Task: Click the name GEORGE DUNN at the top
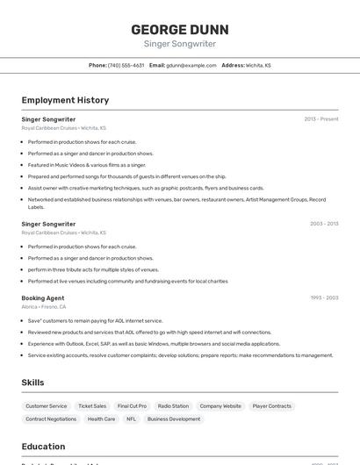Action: [179, 29]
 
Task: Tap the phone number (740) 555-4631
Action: [126, 65]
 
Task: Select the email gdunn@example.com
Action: [191, 65]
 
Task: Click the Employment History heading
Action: [65, 100]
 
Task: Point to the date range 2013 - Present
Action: [321, 118]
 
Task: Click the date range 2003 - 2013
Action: [324, 224]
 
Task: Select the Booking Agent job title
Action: [43, 297]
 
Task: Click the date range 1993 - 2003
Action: [324, 297]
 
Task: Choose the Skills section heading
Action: [32, 383]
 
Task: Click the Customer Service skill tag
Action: [46, 406]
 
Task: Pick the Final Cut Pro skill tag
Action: [132, 406]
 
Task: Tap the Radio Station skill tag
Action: [173, 406]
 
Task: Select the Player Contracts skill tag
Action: [271, 406]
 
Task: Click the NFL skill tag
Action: [131, 419]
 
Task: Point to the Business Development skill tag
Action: [173, 419]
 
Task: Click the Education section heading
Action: [43, 446]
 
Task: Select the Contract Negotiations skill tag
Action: [51, 419]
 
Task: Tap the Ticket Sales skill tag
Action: [92, 406]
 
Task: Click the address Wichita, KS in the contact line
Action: [258, 65]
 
